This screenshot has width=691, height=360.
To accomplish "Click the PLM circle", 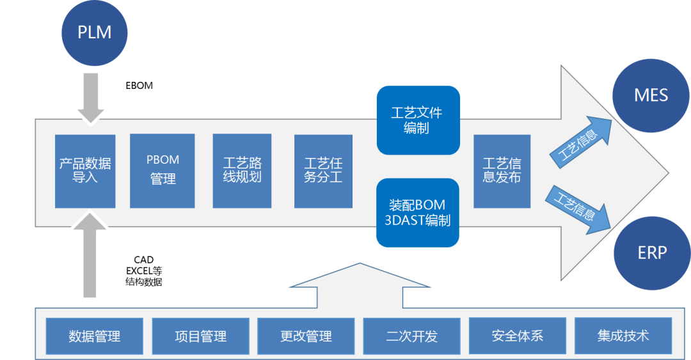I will (94, 32).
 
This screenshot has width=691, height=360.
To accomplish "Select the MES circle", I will (651, 96).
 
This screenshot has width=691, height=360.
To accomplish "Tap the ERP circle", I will (651, 252).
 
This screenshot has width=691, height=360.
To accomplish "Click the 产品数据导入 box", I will (85, 171).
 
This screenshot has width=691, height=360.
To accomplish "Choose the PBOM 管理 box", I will (163, 171).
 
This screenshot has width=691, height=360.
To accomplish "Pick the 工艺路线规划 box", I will (242, 171).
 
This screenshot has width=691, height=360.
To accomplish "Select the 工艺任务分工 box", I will (323, 171).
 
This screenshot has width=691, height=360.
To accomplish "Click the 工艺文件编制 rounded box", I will (418, 120).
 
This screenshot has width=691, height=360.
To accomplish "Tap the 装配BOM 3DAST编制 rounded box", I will (418, 213).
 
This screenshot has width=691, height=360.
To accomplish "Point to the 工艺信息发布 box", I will (502, 171).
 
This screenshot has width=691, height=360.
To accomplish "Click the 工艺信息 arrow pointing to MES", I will (580, 143).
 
